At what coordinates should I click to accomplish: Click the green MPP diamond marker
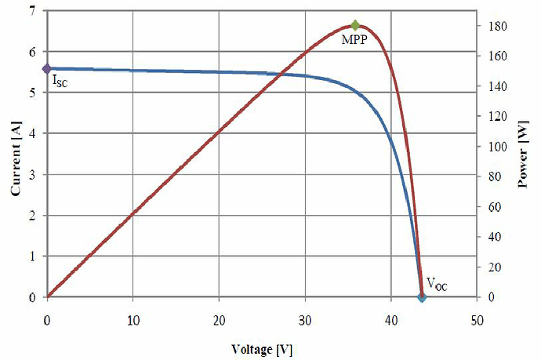(x=355, y=25)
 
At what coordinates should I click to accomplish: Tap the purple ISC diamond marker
(x=47, y=69)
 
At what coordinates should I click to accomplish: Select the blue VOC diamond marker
(x=422, y=296)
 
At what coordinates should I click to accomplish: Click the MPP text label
(x=355, y=39)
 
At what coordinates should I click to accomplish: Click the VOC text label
(x=437, y=283)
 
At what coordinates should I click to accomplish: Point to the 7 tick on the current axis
(x=31, y=11)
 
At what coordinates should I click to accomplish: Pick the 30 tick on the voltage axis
(x=305, y=320)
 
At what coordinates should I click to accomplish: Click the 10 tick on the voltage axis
(x=133, y=320)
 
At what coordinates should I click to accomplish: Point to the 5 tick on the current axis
(x=31, y=93)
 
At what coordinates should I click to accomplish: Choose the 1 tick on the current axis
(x=31, y=256)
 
